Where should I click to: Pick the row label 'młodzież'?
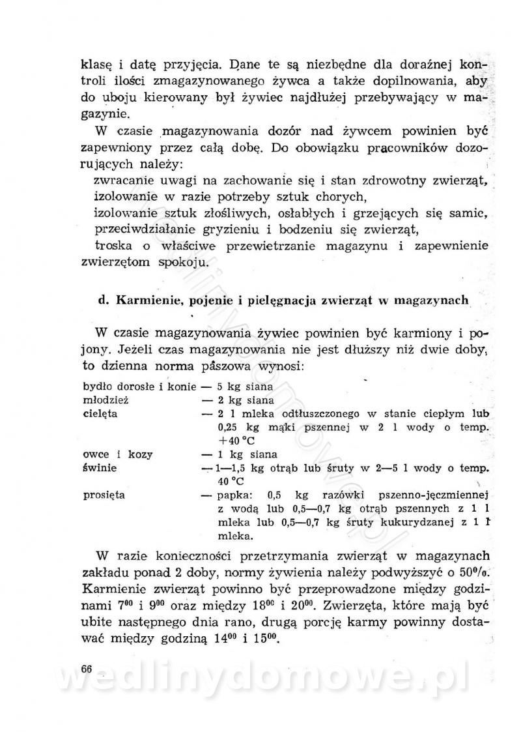[x=103, y=400]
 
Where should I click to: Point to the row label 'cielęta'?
[x=100, y=413]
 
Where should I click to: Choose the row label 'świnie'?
[x=99, y=468]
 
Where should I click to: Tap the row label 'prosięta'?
[x=104, y=495]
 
